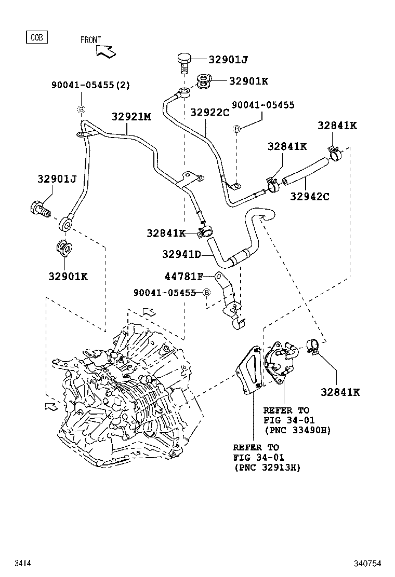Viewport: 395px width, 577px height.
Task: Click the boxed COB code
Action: click(x=36, y=37)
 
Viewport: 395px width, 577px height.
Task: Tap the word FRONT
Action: click(x=90, y=40)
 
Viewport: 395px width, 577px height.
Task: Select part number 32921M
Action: click(x=131, y=117)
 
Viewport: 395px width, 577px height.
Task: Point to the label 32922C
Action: click(x=209, y=113)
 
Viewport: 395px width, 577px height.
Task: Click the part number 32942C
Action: click(x=310, y=197)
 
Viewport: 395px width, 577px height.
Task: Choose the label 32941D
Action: click(x=181, y=254)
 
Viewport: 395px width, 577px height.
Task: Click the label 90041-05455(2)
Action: click(x=90, y=85)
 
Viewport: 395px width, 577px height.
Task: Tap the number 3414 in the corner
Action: click(x=22, y=563)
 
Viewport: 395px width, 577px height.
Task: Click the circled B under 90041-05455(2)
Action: click(x=81, y=109)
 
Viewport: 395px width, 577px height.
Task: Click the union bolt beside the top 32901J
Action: click(x=183, y=63)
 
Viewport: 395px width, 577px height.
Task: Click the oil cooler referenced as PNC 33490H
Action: click(x=281, y=360)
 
